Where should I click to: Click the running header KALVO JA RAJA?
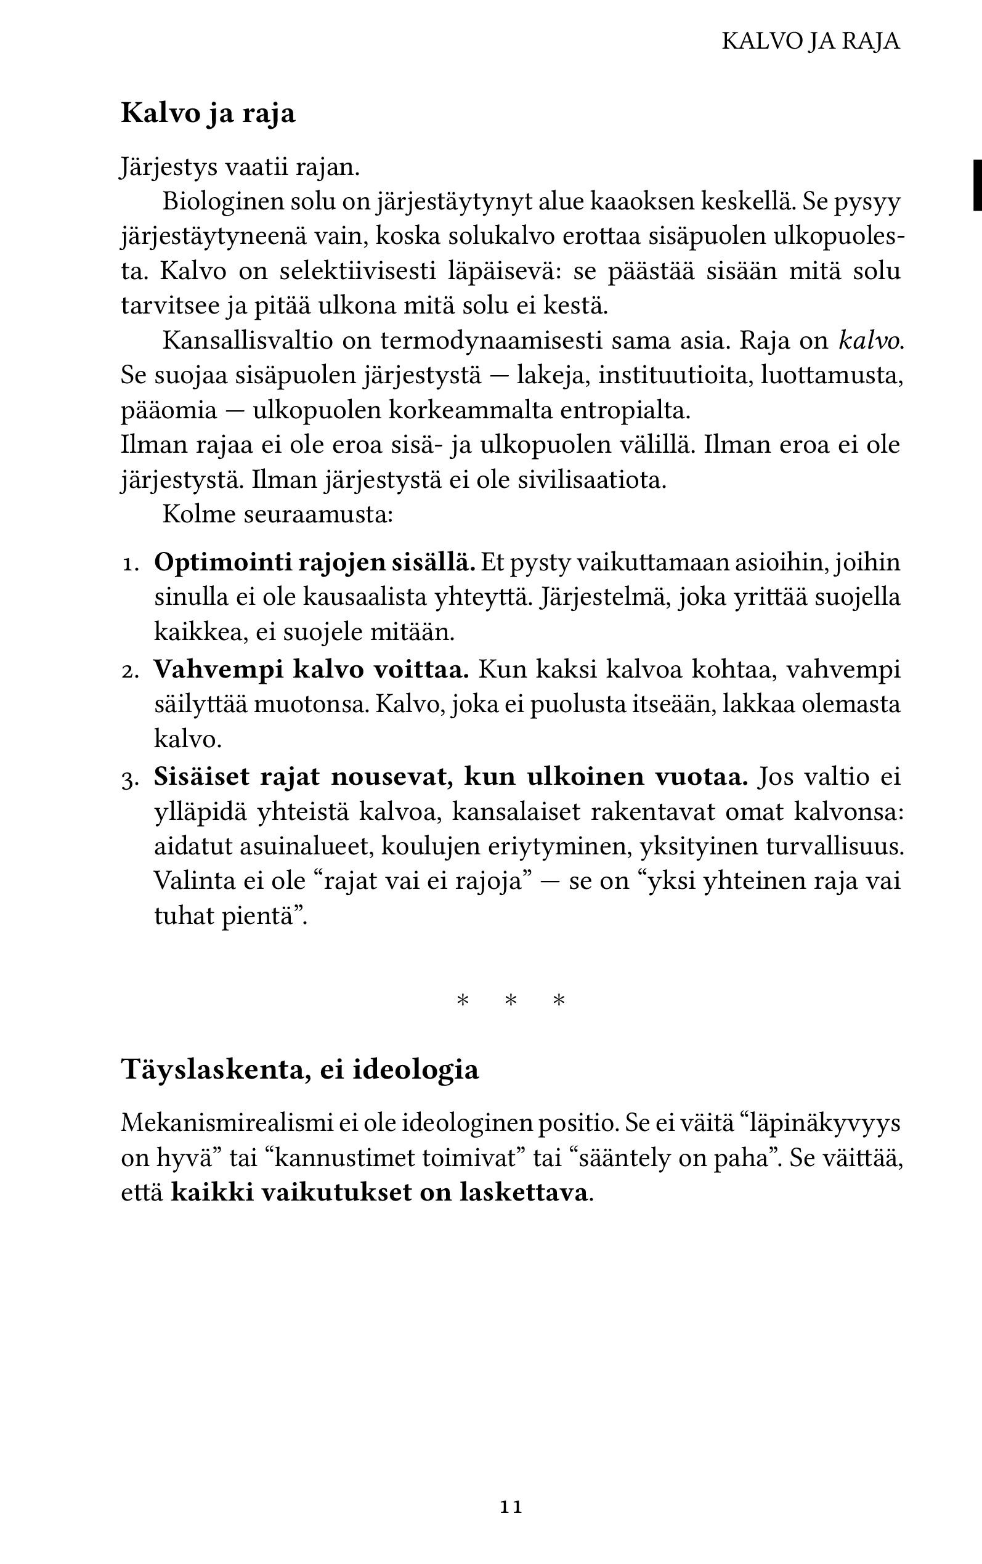(x=811, y=41)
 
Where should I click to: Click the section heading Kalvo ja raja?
(x=208, y=113)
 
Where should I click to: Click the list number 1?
(x=131, y=564)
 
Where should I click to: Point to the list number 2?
(x=131, y=671)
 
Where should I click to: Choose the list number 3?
(x=131, y=779)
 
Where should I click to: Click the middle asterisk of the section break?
(x=511, y=1000)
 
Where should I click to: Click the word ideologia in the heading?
(x=416, y=1070)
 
